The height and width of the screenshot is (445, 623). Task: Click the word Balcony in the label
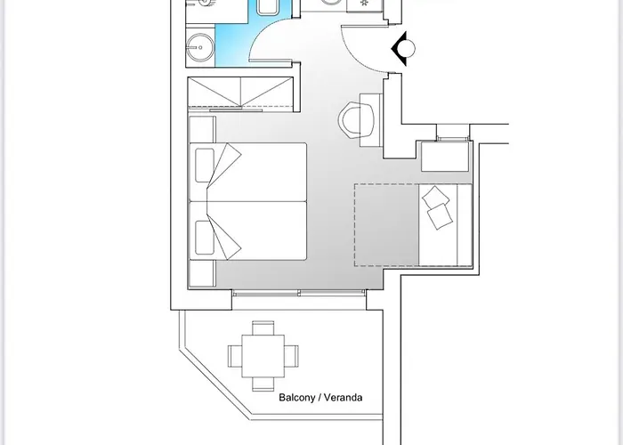pos(296,398)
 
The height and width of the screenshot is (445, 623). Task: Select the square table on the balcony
pos(263,356)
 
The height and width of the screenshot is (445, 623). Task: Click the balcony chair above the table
pos(263,328)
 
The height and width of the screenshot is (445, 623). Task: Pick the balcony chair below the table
pos(263,384)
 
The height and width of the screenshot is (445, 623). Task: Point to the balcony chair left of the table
pos(235,356)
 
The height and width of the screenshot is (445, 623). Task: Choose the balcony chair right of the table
pos(291,356)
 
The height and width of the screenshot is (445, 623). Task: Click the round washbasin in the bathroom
pos(200,47)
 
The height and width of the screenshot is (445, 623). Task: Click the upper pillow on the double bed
pos(205,165)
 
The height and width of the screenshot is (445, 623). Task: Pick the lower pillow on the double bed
pos(205,238)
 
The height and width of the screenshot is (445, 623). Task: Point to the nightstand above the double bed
pos(202,130)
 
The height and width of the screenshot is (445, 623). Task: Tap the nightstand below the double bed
pos(202,273)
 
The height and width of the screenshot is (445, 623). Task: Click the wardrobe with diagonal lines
pos(241,93)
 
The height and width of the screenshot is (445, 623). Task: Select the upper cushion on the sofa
pos(436,197)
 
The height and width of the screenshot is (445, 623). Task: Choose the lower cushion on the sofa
pos(440,216)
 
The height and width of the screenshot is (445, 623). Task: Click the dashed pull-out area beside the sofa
pos(386,225)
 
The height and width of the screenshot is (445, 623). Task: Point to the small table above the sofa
pos(445,156)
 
